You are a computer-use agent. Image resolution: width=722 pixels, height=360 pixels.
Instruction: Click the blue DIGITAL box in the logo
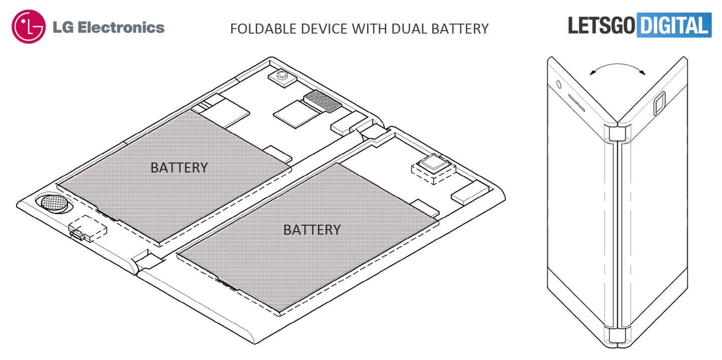pyautogui.click(x=674, y=25)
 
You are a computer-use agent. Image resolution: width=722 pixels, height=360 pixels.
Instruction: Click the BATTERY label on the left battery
pyautogui.click(x=179, y=167)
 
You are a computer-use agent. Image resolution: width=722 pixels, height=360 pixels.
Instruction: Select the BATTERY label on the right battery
pyautogui.click(x=312, y=229)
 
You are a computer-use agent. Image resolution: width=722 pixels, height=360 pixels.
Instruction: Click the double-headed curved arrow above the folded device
pyautogui.click(x=617, y=69)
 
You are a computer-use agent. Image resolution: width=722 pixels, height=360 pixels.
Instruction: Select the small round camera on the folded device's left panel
pyautogui.click(x=558, y=83)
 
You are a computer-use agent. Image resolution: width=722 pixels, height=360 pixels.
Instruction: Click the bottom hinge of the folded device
pyautogui.click(x=617, y=337)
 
